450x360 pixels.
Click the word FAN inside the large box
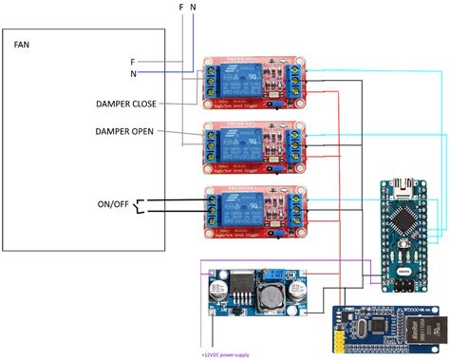pos(22,44)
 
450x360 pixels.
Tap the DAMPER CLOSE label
pos(132,104)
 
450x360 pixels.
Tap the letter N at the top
pos(195,8)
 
